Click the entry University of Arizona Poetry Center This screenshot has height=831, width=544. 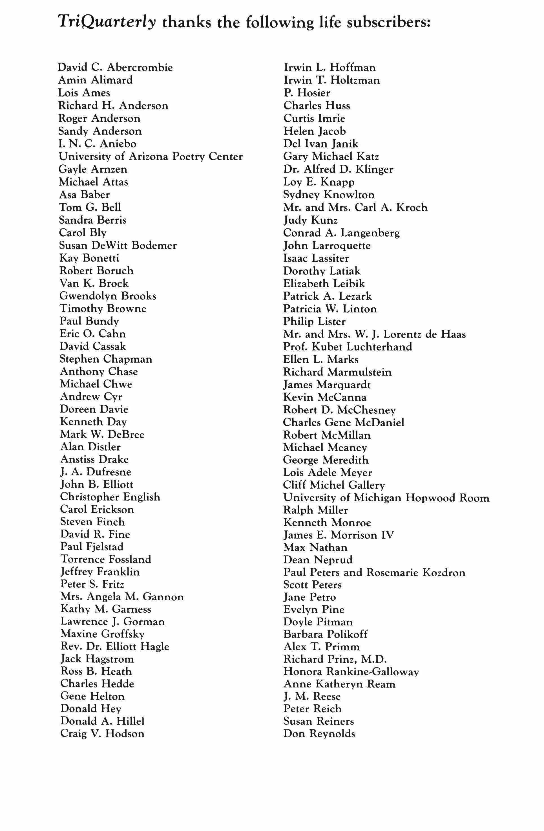pos(151,156)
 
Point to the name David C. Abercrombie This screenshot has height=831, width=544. pos(115,67)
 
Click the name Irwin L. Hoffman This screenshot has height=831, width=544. pos(330,67)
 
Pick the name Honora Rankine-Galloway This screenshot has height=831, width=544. pos(351,671)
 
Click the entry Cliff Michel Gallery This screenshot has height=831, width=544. pos(334,485)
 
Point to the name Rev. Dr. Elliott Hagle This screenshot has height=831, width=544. pos(115,646)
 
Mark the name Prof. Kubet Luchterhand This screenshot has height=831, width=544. pos(348,347)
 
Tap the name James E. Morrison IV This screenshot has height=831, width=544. pos(339,535)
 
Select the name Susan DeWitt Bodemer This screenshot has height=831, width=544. pos(118,245)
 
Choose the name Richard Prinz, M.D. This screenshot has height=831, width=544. pos(335,659)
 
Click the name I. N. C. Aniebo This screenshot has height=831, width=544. pos(97,144)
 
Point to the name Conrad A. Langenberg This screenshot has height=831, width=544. pos(341,233)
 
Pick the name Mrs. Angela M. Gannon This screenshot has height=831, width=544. pos(122,597)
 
